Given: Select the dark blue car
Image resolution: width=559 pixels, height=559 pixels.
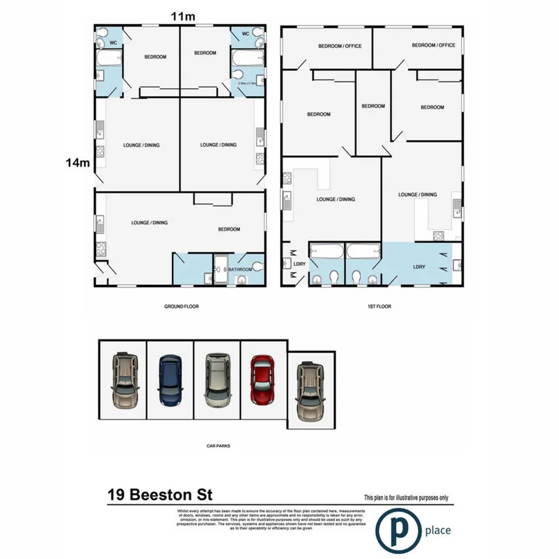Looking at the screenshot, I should coord(170,379).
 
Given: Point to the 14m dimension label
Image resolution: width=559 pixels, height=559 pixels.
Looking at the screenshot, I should coord(78,163).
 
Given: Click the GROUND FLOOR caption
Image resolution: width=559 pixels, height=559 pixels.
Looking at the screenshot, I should coord(181,306).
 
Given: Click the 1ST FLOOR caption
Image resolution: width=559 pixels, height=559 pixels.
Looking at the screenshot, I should coord(379,306).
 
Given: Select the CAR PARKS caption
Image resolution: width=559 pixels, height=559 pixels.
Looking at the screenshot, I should coord(217,445).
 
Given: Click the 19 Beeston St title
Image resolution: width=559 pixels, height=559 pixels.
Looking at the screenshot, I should coord(160,495).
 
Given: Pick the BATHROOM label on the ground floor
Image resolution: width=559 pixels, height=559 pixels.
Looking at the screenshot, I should coord(239,270).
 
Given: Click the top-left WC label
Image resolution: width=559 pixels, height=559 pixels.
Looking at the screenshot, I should coord(114,43).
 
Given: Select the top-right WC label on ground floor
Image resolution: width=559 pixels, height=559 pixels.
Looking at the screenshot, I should coord(245,34).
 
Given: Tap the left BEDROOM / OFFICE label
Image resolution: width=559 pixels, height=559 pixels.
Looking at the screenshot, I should coord(340,46).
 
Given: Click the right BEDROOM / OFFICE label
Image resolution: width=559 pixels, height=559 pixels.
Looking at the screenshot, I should coord(434,45).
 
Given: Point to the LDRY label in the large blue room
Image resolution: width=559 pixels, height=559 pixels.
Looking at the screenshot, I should coord(419,266).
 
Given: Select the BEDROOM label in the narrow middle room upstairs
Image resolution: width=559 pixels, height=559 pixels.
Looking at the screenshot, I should coord(373,106).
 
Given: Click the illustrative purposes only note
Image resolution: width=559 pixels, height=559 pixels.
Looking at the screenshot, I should coord(405,498).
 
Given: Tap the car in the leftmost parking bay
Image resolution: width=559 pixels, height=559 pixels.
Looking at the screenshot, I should coord(124,379).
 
